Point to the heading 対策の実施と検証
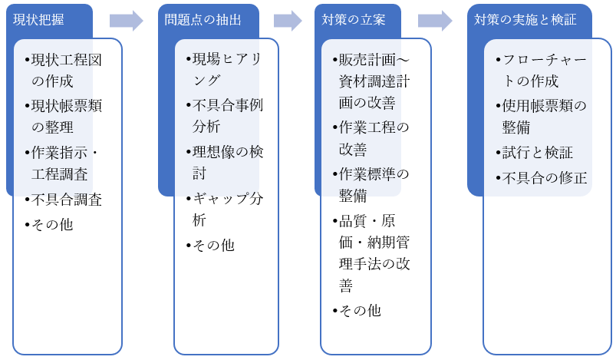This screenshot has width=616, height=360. [525, 20]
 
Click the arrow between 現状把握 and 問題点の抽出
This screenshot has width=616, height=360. [127, 21]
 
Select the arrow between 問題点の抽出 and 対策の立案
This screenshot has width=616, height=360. [288, 21]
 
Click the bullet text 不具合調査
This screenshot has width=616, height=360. [67, 200]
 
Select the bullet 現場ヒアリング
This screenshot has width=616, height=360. [224, 69]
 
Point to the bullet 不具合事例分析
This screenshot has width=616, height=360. [224, 116]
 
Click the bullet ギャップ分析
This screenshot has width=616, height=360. [224, 209]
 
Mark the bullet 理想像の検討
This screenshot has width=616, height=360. [224, 163]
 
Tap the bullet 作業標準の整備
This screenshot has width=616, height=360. [374, 184]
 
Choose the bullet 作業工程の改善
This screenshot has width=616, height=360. [374, 137]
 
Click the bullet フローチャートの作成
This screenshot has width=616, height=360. [540, 71]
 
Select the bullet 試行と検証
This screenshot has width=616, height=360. [537, 152]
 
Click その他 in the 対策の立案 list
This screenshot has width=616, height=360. [358, 310]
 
